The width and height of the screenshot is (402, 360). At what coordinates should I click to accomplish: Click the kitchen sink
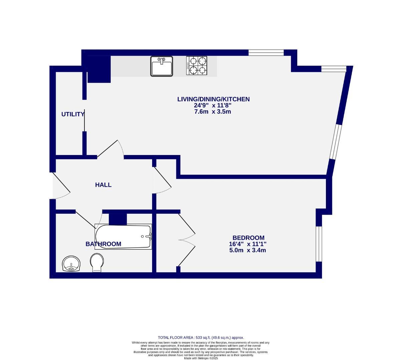pyautogui.click(x=161, y=66)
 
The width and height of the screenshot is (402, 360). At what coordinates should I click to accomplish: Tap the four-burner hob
pyautogui.click(x=196, y=65)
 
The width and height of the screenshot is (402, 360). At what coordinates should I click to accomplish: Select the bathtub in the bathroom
pyautogui.click(x=123, y=236)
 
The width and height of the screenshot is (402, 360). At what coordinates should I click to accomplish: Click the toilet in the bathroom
pyautogui.click(x=97, y=262)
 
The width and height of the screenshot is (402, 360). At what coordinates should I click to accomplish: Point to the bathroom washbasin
pyautogui.click(x=71, y=264)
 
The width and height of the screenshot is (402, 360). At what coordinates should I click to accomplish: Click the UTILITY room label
pyautogui.click(x=73, y=114)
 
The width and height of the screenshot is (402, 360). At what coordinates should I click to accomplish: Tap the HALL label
pyautogui.click(x=103, y=185)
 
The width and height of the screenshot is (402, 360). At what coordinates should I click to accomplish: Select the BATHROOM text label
pyautogui.click(x=103, y=244)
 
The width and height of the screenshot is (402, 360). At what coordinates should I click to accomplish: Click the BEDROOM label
pyautogui.click(x=248, y=238)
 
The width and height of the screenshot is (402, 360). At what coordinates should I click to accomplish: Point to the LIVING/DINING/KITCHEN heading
pyautogui.click(x=213, y=99)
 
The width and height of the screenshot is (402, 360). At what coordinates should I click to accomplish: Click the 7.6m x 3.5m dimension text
pyautogui.click(x=213, y=112)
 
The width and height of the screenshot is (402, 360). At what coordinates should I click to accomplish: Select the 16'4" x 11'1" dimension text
pyautogui.click(x=248, y=244)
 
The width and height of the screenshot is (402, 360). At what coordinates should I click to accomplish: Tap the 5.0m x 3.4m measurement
pyautogui.click(x=248, y=250)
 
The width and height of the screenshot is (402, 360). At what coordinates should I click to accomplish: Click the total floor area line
pyautogui.click(x=203, y=338)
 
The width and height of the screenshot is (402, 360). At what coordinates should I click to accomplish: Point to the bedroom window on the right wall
pyautogui.click(x=319, y=244)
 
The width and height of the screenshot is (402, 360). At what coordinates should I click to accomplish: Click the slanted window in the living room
pyautogui.click(x=335, y=141)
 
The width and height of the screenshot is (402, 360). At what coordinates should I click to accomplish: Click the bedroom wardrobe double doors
pyautogui.click(x=187, y=239)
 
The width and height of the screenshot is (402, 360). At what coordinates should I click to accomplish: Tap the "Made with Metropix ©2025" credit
pyautogui.click(x=201, y=358)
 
